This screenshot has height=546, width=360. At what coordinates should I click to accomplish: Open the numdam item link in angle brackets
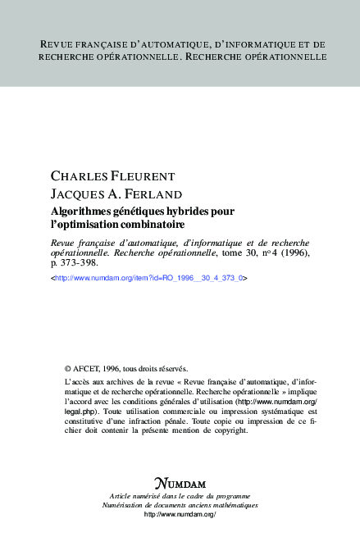click(148, 279)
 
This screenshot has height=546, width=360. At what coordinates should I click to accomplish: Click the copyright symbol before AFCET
click(67, 369)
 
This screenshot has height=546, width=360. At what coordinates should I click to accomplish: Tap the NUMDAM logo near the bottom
click(180, 483)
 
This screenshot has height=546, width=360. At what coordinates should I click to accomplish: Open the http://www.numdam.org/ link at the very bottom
click(180, 514)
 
